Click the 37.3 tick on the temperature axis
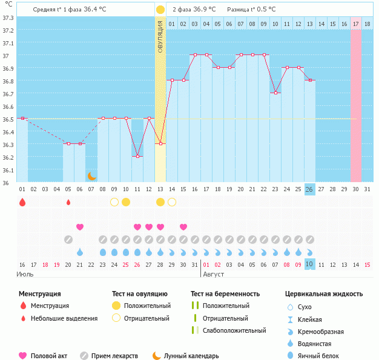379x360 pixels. pos(7,17)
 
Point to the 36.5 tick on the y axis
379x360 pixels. pos(7,119)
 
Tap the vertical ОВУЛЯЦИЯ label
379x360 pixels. pos(160,36)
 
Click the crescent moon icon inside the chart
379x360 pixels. pos(91,175)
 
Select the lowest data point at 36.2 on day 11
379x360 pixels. pos(137,157)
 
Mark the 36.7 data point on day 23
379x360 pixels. pos(275,93)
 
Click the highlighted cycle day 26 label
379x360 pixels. pos(309,189)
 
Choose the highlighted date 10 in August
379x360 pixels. pos(309,264)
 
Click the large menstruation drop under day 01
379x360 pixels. pos(22,202)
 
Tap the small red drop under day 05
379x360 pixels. pos(68,202)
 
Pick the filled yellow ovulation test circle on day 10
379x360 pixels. pos(126,202)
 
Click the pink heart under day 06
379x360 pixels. pos(80,227)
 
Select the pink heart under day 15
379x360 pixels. pos(183,227)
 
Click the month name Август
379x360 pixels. pos(213,275)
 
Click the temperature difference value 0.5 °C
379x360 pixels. pos(265,10)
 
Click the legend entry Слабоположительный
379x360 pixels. pos(234,330)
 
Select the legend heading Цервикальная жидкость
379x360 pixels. pos(324,294)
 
